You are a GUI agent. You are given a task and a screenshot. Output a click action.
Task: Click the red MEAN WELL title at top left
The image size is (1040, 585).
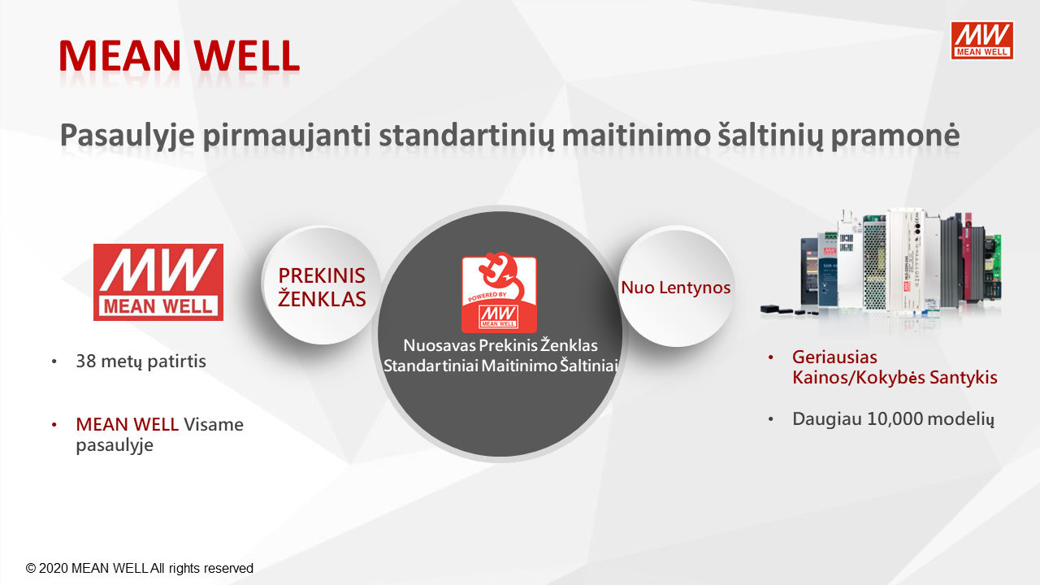coord(180,56)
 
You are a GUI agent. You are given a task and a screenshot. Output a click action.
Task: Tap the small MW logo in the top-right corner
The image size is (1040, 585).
coord(982,41)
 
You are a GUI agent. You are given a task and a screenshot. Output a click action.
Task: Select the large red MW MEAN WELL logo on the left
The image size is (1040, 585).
coord(158,282)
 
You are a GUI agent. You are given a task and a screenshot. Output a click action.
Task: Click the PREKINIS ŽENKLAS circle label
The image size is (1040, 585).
coord(322,287)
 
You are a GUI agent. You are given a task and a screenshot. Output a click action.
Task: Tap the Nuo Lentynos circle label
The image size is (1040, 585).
coord(675,288)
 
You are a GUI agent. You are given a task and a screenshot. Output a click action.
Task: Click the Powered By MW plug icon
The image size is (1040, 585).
coord(499,292)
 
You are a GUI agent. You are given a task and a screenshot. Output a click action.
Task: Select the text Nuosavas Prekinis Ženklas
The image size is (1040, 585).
coord(500,345)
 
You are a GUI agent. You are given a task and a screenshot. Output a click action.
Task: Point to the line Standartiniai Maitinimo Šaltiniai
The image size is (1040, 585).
coord(500,366)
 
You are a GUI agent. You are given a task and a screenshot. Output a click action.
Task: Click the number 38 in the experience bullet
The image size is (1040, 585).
coord(86,362)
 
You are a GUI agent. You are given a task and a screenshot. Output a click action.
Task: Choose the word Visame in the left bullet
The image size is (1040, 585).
coord(214,424)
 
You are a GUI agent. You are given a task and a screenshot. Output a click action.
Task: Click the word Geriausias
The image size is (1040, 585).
coord(834,357)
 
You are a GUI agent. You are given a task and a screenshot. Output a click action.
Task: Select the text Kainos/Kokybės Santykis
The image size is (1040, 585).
coord(895,378)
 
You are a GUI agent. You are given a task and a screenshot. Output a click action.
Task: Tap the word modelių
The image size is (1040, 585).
coord(960,419)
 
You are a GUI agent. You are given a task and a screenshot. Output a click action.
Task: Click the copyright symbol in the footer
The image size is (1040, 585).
coord(31,568)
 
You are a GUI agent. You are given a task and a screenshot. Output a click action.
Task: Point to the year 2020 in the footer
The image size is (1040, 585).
coord(54,568)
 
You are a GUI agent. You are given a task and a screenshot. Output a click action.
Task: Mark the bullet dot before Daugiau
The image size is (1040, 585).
coord(771,419)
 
